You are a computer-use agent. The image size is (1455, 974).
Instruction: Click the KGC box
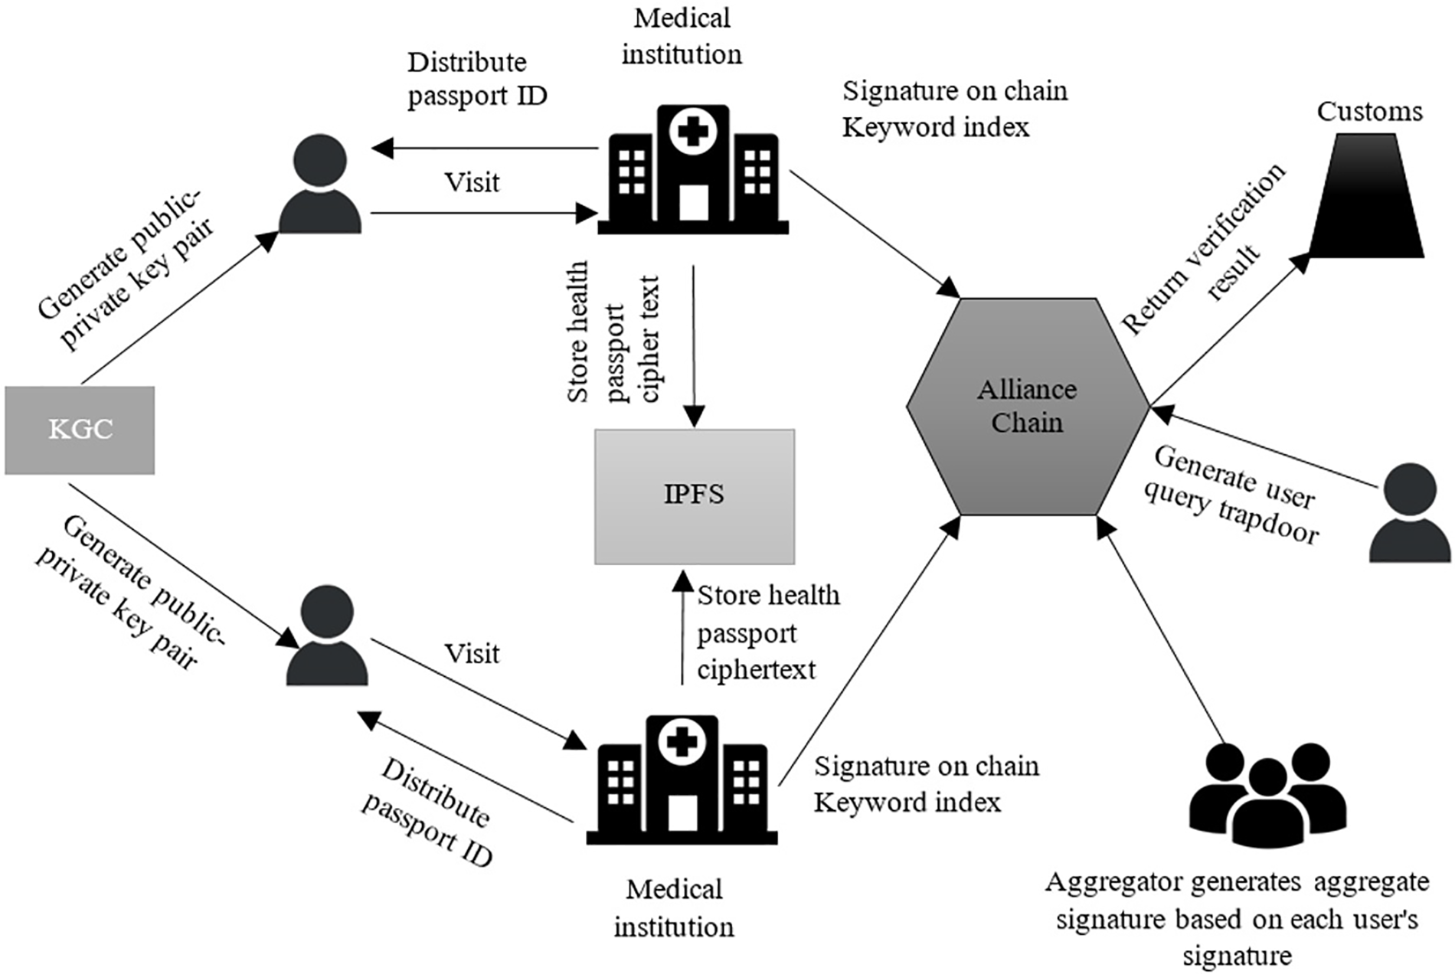click(x=80, y=430)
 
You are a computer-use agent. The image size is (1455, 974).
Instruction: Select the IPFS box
click(x=695, y=496)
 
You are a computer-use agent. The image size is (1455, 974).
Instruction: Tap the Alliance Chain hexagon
click(x=1028, y=407)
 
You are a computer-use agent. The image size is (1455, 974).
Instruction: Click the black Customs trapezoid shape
click(x=1367, y=198)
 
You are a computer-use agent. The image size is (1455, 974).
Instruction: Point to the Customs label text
click(x=1369, y=112)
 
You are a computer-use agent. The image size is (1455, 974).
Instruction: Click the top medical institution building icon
click(x=693, y=170)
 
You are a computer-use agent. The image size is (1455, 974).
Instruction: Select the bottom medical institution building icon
click(x=682, y=781)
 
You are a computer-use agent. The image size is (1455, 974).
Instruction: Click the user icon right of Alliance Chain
click(x=1410, y=513)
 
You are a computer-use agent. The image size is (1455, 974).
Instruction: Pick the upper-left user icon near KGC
click(x=320, y=184)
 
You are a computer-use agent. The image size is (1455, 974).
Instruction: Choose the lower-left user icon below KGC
click(x=327, y=636)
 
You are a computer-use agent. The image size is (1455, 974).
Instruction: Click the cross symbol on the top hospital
click(x=693, y=132)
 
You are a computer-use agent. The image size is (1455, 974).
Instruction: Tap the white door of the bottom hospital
click(x=682, y=813)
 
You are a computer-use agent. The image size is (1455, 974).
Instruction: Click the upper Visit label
click(x=472, y=183)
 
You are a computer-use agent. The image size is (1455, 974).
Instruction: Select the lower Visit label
click(x=472, y=654)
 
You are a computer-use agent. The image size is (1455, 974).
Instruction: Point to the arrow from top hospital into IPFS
click(x=694, y=345)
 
